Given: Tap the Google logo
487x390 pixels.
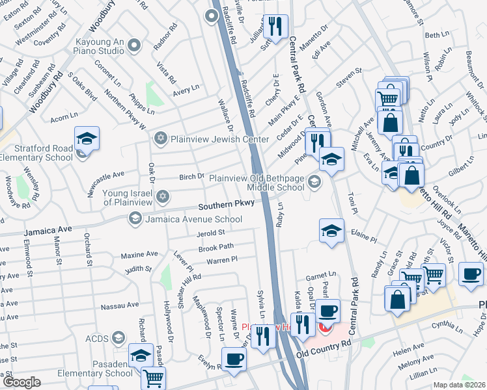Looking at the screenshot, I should pyautogui.click(x=21, y=382).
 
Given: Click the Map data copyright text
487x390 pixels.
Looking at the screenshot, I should pyautogui.click(x=459, y=385).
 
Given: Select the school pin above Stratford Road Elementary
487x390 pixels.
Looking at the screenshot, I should pyautogui.click(x=87, y=140).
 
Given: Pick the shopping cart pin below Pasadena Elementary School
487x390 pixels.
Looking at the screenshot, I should pyautogui.click(x=153, y=379).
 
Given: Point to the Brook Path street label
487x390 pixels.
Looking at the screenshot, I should pyautogui.click(x=216, y=248).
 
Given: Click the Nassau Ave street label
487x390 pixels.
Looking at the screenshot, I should pyautogui.click(x=123, y=304).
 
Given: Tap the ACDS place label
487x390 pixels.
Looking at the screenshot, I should pyautogui.click(x=96, y=337).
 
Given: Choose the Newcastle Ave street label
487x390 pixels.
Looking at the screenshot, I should pyautogui.click(x=105, y=174).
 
